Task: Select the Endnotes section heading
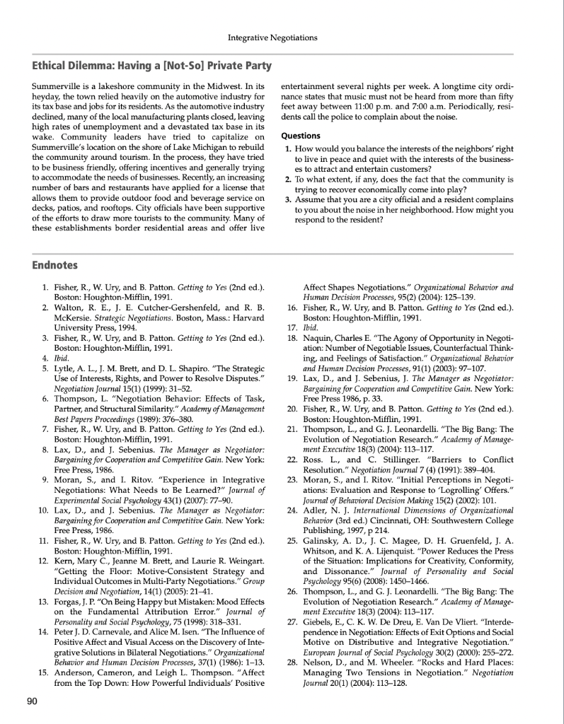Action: point(55,265)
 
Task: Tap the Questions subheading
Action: point(301,136)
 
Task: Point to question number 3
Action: point(288,200)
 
